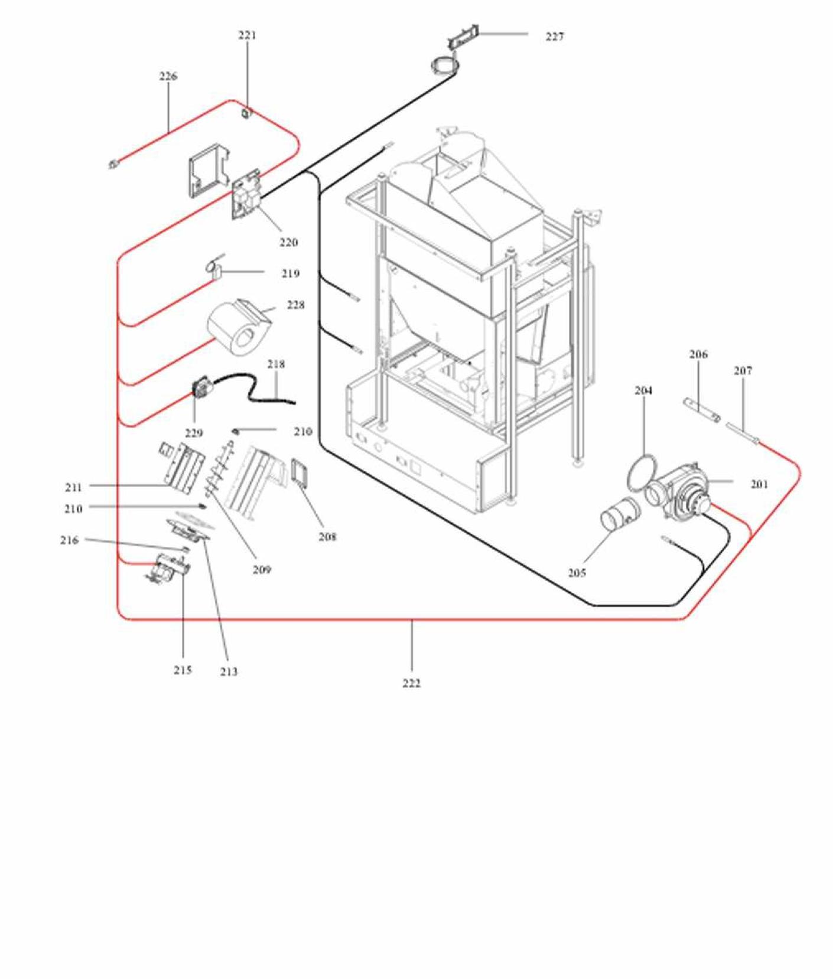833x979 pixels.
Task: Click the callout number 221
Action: click(248, 35)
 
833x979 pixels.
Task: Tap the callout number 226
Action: click(168, 76)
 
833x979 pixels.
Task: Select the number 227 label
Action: click(555, 37)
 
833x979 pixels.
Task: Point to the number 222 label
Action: click(412, 683)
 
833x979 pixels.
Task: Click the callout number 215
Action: click(183, 670)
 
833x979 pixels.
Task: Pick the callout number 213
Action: click(229, 672)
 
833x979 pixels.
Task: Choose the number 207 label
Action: click(743, 371)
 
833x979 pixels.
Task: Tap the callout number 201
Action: click(760, 485)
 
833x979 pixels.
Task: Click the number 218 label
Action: click(276, 364)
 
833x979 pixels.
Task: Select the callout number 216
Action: click(69, 540)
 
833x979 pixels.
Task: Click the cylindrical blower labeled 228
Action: click(236, 327)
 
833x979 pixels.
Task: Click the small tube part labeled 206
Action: click(701, 410)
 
